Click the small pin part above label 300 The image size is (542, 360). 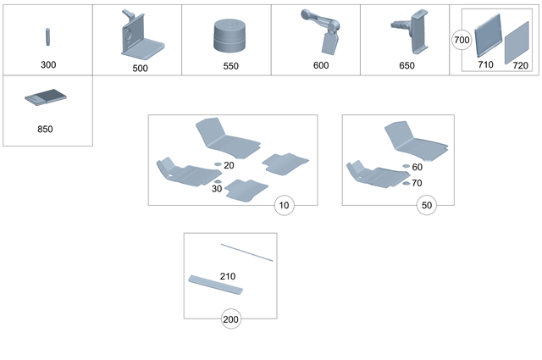coord(47,38)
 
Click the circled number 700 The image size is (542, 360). coord(462,40)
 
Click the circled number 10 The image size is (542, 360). coord(284,205)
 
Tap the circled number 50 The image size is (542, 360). coord(428,205)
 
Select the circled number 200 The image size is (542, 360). coord(230,319)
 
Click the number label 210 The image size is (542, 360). coord(228,276)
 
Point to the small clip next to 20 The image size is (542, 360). coord(217,164)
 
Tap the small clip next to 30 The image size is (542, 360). coord(218,181)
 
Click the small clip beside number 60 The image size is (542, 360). coord(406,167)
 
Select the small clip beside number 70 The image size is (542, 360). coord(406,182)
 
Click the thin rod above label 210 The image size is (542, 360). coord(246,252)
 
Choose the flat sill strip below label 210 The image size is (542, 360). coord(216,285)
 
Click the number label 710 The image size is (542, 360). coord(485,64)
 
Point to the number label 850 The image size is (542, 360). coord(47,130)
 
